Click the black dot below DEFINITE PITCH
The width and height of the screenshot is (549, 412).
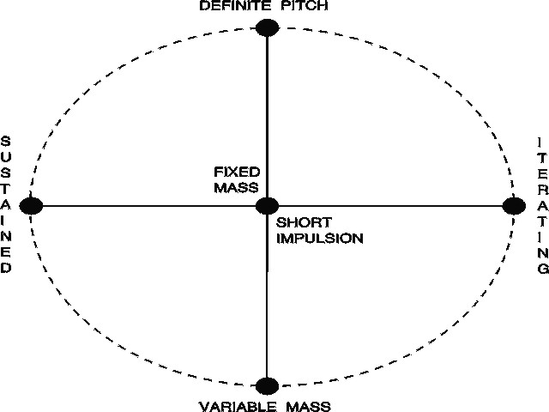[x=268, y=27]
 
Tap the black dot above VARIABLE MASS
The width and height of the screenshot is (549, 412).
[x=268, y=385]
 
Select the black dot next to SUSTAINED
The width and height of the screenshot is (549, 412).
[x=32, y=206]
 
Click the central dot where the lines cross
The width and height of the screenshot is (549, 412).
[x=268, y=206]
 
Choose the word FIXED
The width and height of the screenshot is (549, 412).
[x=237, y=171]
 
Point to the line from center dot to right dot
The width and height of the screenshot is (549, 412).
[x=390, y=206]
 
